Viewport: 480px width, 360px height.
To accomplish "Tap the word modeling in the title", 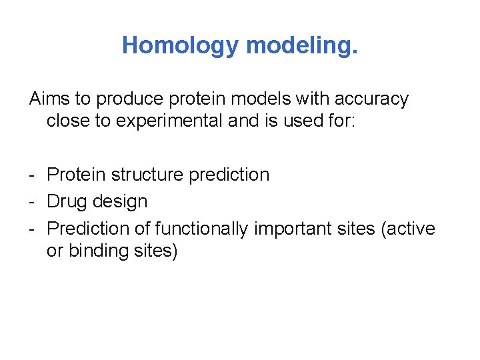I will point(302,45).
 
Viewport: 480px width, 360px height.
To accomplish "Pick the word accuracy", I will point(372,99).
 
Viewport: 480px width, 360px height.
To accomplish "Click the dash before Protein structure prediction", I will point(33,175).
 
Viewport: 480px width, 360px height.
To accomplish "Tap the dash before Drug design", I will point(33,202).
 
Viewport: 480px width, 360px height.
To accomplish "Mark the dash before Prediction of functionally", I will point(33,229).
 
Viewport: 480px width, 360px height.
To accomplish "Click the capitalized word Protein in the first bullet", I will point(77,175).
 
